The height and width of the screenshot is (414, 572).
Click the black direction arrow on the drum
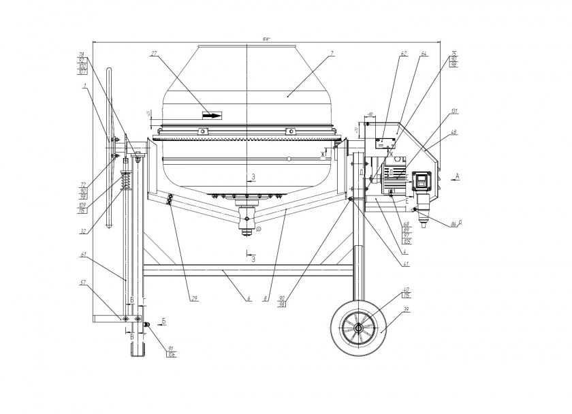[x=212, y=116]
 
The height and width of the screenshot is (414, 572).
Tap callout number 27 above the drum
[x=154, y=54]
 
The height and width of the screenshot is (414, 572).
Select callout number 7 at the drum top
[x=331, y=53]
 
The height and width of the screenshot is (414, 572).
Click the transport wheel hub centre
[x=358, y=328]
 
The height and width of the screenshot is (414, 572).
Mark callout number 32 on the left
[x=83, y=232]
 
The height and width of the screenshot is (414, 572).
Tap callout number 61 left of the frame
[x=83, y=255]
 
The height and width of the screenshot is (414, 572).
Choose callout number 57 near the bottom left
[x=83, y=282]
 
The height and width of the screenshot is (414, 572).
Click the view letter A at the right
[x=458, y=176]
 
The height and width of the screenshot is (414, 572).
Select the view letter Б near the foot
[x=164, y=319]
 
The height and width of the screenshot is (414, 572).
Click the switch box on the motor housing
[x=421, y=181]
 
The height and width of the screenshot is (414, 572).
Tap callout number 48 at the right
[x=454, y=132]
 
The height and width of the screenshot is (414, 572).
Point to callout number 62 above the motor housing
[x=404, y=53]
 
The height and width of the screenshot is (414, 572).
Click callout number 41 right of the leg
[x=406, y=263]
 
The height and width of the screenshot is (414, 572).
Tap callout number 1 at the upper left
[x=84, y=86]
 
